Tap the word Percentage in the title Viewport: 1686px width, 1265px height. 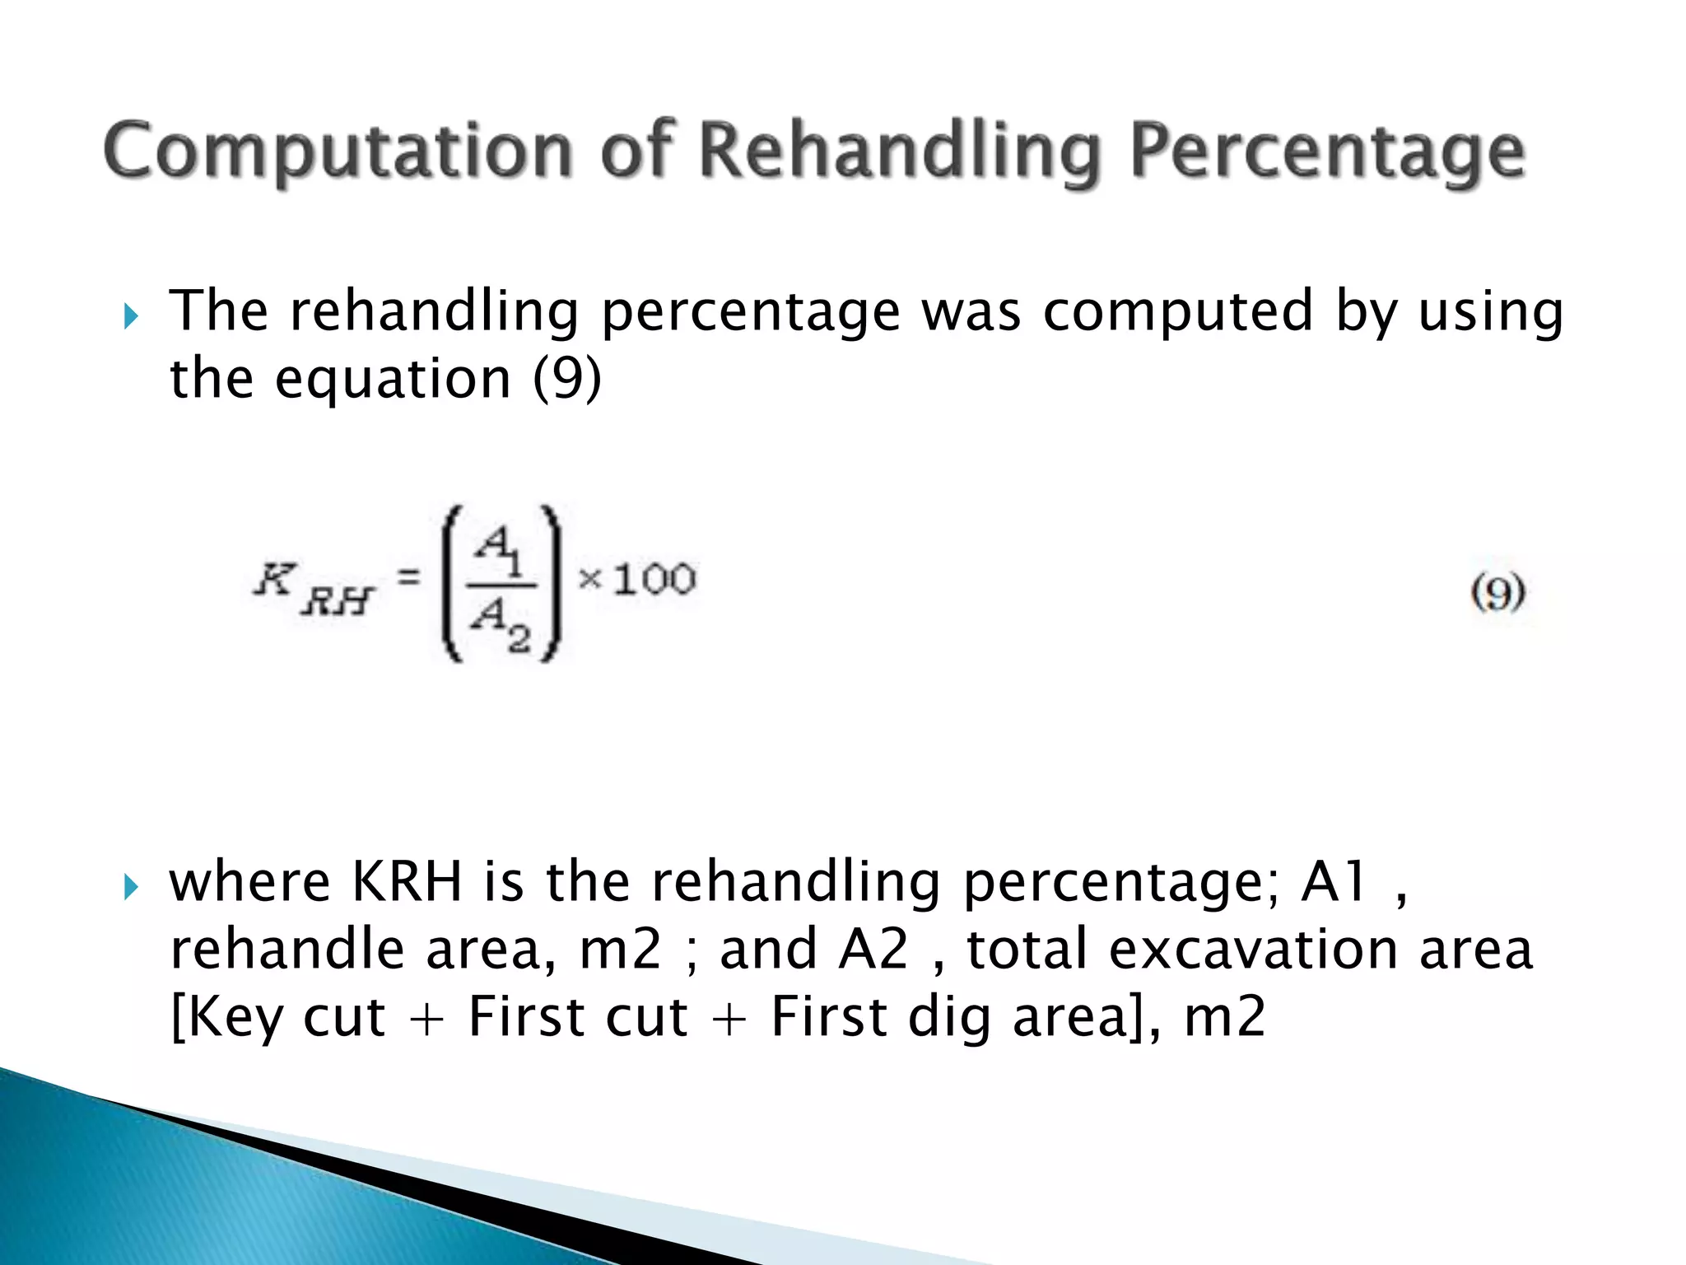pyautogui.click(x=1327, y=152)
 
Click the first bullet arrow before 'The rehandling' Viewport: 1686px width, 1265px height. pyautogui.click(x=130, y=315)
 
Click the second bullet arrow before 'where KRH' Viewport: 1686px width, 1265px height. pyautogui.click(x=130, y=887)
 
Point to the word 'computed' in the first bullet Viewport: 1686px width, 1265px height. pyautogui.click(x=1177, y=312)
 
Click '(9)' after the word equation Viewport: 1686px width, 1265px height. pyautogui.click(x=567, y=379)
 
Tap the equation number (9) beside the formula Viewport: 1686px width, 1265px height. pyautogui.click(x=1497, y=592)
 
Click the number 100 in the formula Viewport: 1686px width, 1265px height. pyautogui.click(x=654, y=579)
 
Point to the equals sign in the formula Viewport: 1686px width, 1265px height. pyautogui.click(x=409, y=578)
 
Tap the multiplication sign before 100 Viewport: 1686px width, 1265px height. pyautogui.click(x=590, y=579)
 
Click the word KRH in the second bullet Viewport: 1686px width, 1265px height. pyautogui.click(x=407, y=882)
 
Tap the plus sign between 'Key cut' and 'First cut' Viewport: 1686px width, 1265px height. pyautogui.click(x=426, y=1020)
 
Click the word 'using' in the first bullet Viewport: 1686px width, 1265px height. pyautogui.click(x=1490, y=312)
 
